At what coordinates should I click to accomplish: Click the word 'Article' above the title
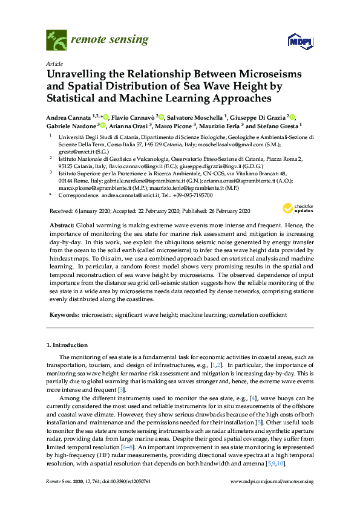point(53,63)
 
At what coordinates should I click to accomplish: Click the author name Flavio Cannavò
point(133,116)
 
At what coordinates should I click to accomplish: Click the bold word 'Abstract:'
point(67,224)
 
